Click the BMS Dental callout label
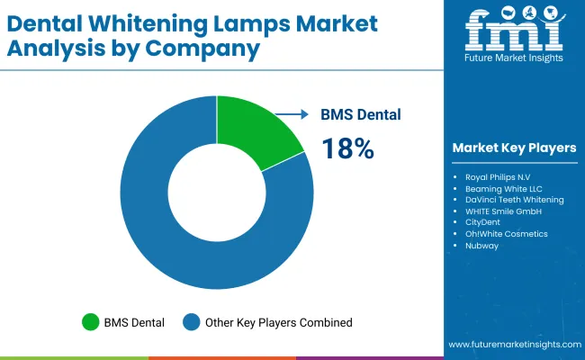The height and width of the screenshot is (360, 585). click(361, 114)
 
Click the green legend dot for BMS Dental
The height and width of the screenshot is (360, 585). click(90, 321)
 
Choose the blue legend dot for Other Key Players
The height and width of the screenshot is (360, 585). click(192, 321)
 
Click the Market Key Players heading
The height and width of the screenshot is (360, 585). click(515, 148)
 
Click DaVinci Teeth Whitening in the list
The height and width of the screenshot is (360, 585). click(515, 199)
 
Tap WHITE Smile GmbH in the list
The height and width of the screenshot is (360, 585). click(503, 211)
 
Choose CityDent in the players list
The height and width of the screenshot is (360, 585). click(483, 222)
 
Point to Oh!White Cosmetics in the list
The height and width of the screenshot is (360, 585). click(506, 234)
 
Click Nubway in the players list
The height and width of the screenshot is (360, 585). click(481, 246)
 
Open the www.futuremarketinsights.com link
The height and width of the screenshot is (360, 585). click(512, 345)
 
